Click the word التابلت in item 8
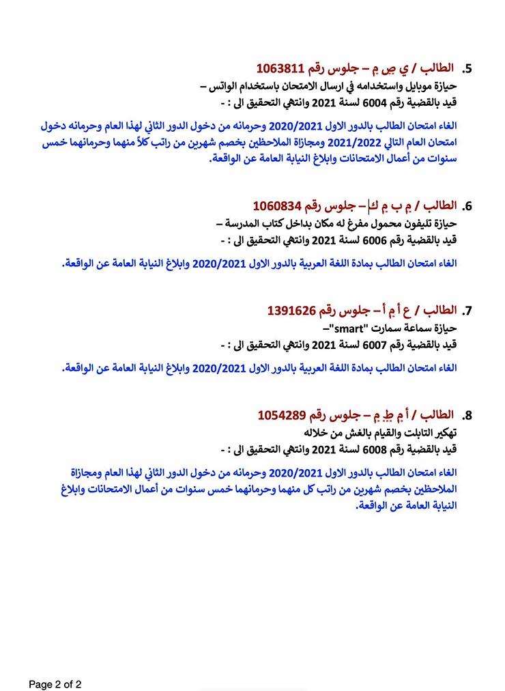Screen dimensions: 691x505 (x=409, y=433)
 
